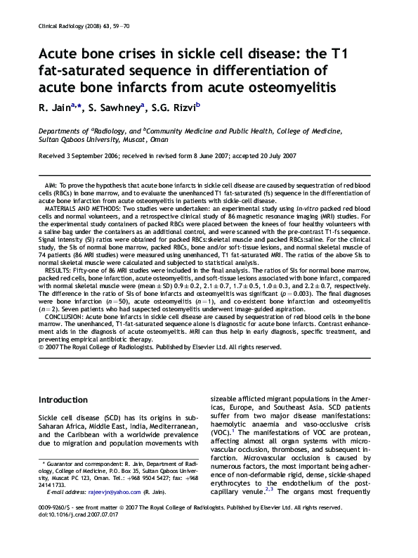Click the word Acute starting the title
click(60, 57)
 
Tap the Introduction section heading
click(67, 400)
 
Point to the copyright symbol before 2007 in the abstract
click(40, 346)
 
